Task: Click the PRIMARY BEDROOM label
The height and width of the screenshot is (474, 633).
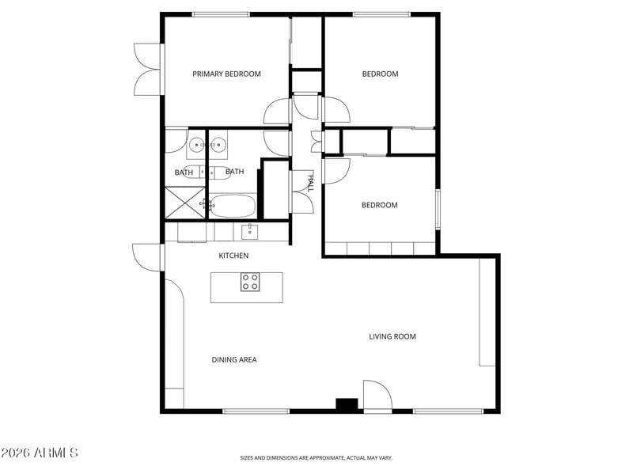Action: pos(226,74)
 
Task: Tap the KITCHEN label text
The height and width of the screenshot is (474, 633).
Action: pos(233,256)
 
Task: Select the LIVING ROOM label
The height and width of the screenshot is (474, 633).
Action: pos(392,337)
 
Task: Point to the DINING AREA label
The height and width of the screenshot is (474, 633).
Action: pos(233,360)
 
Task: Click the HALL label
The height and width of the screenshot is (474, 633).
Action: pos(309,184)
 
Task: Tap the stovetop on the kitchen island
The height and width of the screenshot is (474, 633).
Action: pos(249,282)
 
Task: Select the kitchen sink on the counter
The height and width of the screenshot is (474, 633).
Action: pos(249,231)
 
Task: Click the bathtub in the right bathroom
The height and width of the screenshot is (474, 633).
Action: pos(233,207)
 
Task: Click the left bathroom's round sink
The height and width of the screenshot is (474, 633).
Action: pos(196,146)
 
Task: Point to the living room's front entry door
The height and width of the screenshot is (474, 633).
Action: pos(377,396)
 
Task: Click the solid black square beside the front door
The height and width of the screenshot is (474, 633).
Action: pos(347,404)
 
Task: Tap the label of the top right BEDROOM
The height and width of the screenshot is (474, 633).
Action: pos(380,74)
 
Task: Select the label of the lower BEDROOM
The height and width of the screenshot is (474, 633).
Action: pos(379,206)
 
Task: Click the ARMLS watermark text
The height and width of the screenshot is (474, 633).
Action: pos(40,453)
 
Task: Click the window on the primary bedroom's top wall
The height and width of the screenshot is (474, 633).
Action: pos(221,14)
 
